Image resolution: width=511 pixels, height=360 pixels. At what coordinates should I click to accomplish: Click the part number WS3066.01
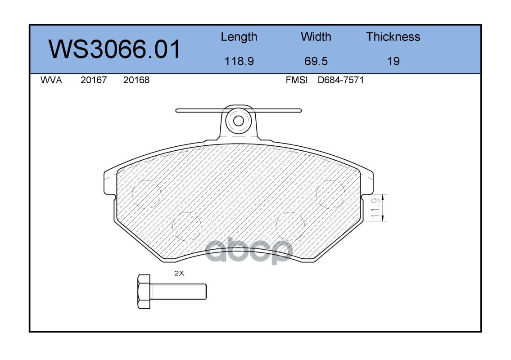point(114,49)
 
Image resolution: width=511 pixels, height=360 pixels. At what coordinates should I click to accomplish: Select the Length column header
point(239,37)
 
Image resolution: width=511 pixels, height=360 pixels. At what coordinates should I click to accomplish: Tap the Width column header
point(316,36)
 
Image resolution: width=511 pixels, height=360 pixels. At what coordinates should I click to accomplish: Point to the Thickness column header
point(393,36)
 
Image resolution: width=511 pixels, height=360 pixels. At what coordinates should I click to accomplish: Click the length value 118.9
point(239,61)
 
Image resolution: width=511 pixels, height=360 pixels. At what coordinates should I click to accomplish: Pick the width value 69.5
point(316,61)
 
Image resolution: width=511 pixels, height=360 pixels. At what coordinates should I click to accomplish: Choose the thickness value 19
point(393,61)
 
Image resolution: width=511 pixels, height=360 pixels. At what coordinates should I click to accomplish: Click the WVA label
point(51,80)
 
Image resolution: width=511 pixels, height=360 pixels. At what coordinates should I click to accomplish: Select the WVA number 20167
point(94,80)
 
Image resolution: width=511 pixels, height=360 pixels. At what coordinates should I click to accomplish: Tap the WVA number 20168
point(136,80)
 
